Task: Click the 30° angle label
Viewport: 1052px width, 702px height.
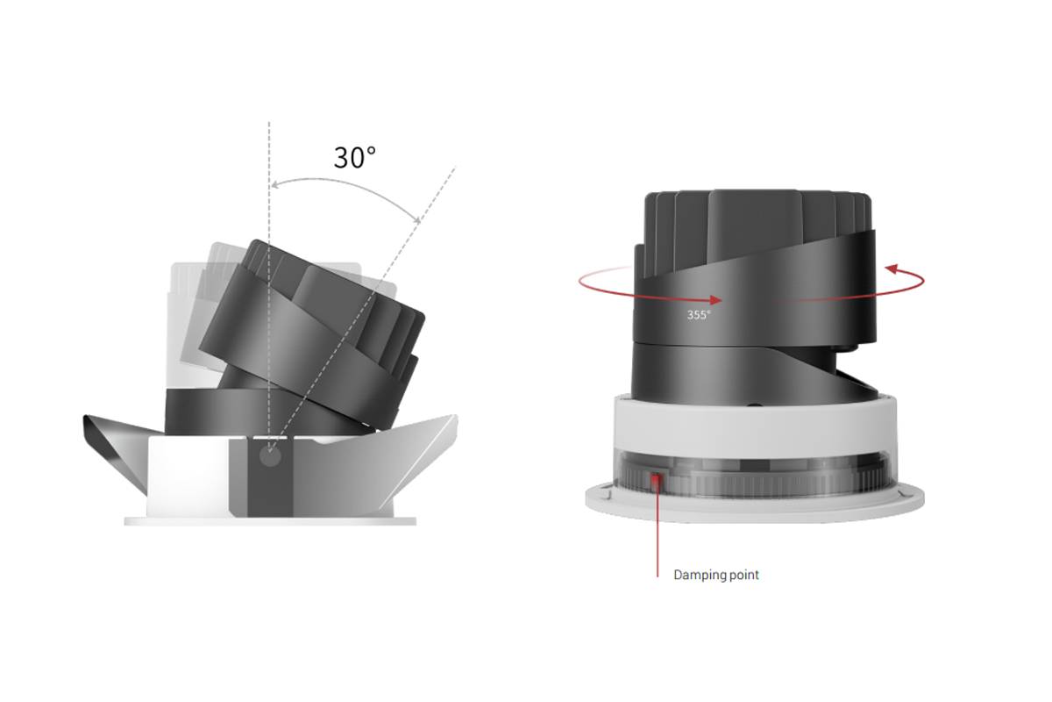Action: coord(354,157)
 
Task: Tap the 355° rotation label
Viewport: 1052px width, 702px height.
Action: coord(699,313)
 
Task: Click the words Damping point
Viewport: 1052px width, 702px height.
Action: coord(715,576)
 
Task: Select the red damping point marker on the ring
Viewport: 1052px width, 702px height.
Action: coord(657,479)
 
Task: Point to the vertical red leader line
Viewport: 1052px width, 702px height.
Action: coord(657,535)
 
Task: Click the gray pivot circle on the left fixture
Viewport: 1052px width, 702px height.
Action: coord(271,456)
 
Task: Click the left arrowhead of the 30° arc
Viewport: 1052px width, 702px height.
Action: coord(275,185)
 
